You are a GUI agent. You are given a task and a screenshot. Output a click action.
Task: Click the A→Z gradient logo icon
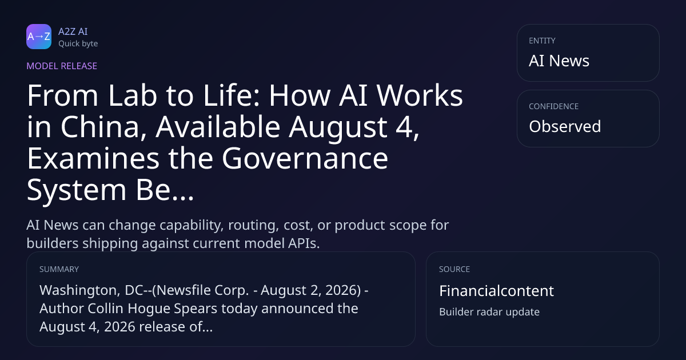point(39,37)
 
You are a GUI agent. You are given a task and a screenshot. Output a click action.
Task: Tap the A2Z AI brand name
point(73,31)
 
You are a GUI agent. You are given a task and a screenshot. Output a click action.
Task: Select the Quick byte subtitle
point(78,44)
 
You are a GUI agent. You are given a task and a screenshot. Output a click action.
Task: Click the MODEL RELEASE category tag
point(62,66)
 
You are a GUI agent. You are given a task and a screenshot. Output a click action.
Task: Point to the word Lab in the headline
point(132,95)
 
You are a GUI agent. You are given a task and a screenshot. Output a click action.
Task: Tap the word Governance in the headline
point(305,158)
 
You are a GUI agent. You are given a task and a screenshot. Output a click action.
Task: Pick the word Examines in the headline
point(93,158)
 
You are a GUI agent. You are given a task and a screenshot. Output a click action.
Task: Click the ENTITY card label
point(542,41)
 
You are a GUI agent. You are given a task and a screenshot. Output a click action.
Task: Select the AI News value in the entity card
point(559,61)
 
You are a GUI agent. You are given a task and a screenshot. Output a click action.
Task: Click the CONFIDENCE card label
point(554,106)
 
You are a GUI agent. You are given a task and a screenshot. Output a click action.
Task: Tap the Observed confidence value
point(565,126)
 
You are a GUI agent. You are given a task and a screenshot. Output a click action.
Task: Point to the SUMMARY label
point(59,269)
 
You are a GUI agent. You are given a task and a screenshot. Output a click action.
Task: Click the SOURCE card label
point(454,269)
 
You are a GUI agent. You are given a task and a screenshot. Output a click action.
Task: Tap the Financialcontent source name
point(496,291)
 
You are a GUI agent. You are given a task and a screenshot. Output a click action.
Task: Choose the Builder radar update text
point(489,312)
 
